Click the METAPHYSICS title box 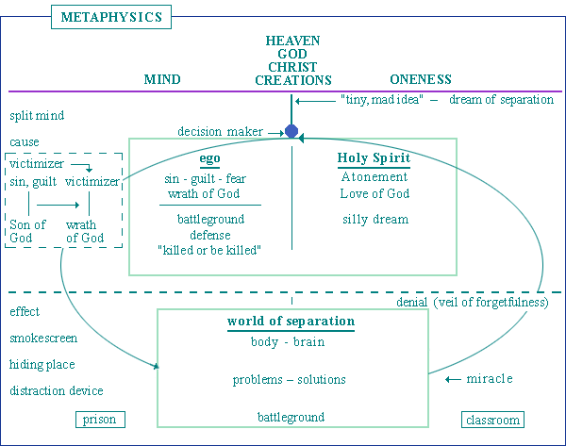[109, 17]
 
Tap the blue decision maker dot [291, 131]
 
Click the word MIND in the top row [162, 80]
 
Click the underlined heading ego [210, 158]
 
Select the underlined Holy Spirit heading [374, 158]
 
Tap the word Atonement [375, 177]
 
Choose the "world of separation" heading [291, 322]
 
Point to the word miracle [490, 379]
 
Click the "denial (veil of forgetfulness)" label [473, 303]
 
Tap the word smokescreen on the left [43, 338]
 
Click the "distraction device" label [57, 391]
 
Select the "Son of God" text [27, 232]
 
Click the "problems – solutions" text [289, 380]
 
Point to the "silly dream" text [375, 219]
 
